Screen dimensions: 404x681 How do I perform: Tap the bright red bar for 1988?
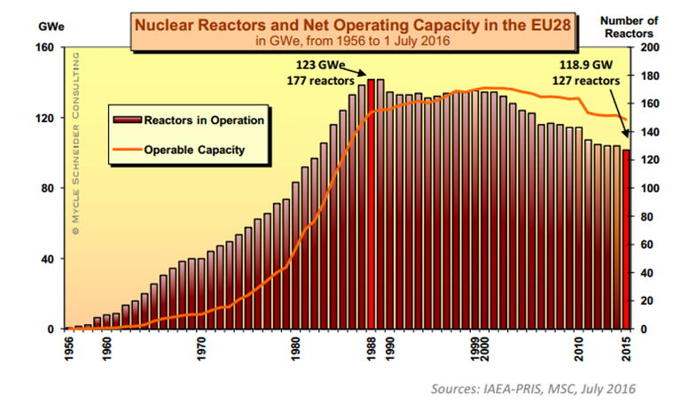(x=372, y=204)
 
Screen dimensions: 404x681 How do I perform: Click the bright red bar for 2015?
(x=626, y=239)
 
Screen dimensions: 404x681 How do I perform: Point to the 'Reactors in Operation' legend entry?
(x=191, y=118)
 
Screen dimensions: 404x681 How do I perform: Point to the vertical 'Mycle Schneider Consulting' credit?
(x=76, y=142)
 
